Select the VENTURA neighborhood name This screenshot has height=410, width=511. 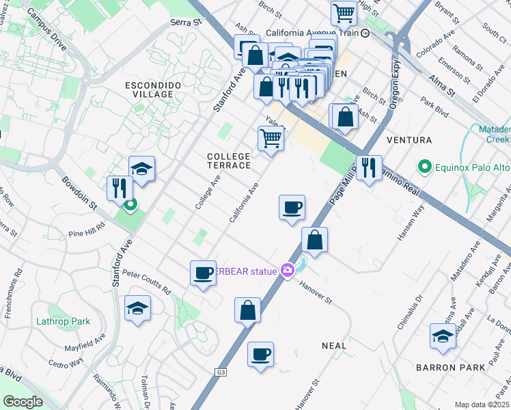pyautogui.click(x=409, y=140)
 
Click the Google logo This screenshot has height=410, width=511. pyautogui.click(x=23, y=402)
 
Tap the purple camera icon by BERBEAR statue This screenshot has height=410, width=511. pyautogui.click(x=288, y=271)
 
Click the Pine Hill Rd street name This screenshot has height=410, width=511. pyautogui.click(x=85, y=229)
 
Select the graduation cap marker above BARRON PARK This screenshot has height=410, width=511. pyautogui.click(x=443, y=336)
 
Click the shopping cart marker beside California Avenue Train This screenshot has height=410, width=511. pyautogui.click(x=344, y=12)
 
